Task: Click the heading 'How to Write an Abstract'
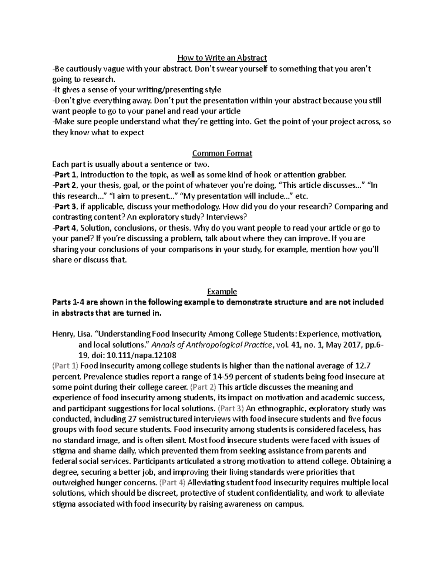pyautogui.click(x=222, y=58)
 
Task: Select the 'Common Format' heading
pyautogui.click(x=222, y=153)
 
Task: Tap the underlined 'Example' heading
pyautogui.click(x=222, y=292)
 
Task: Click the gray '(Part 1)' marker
pyautogui.click(x=65, y=366)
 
